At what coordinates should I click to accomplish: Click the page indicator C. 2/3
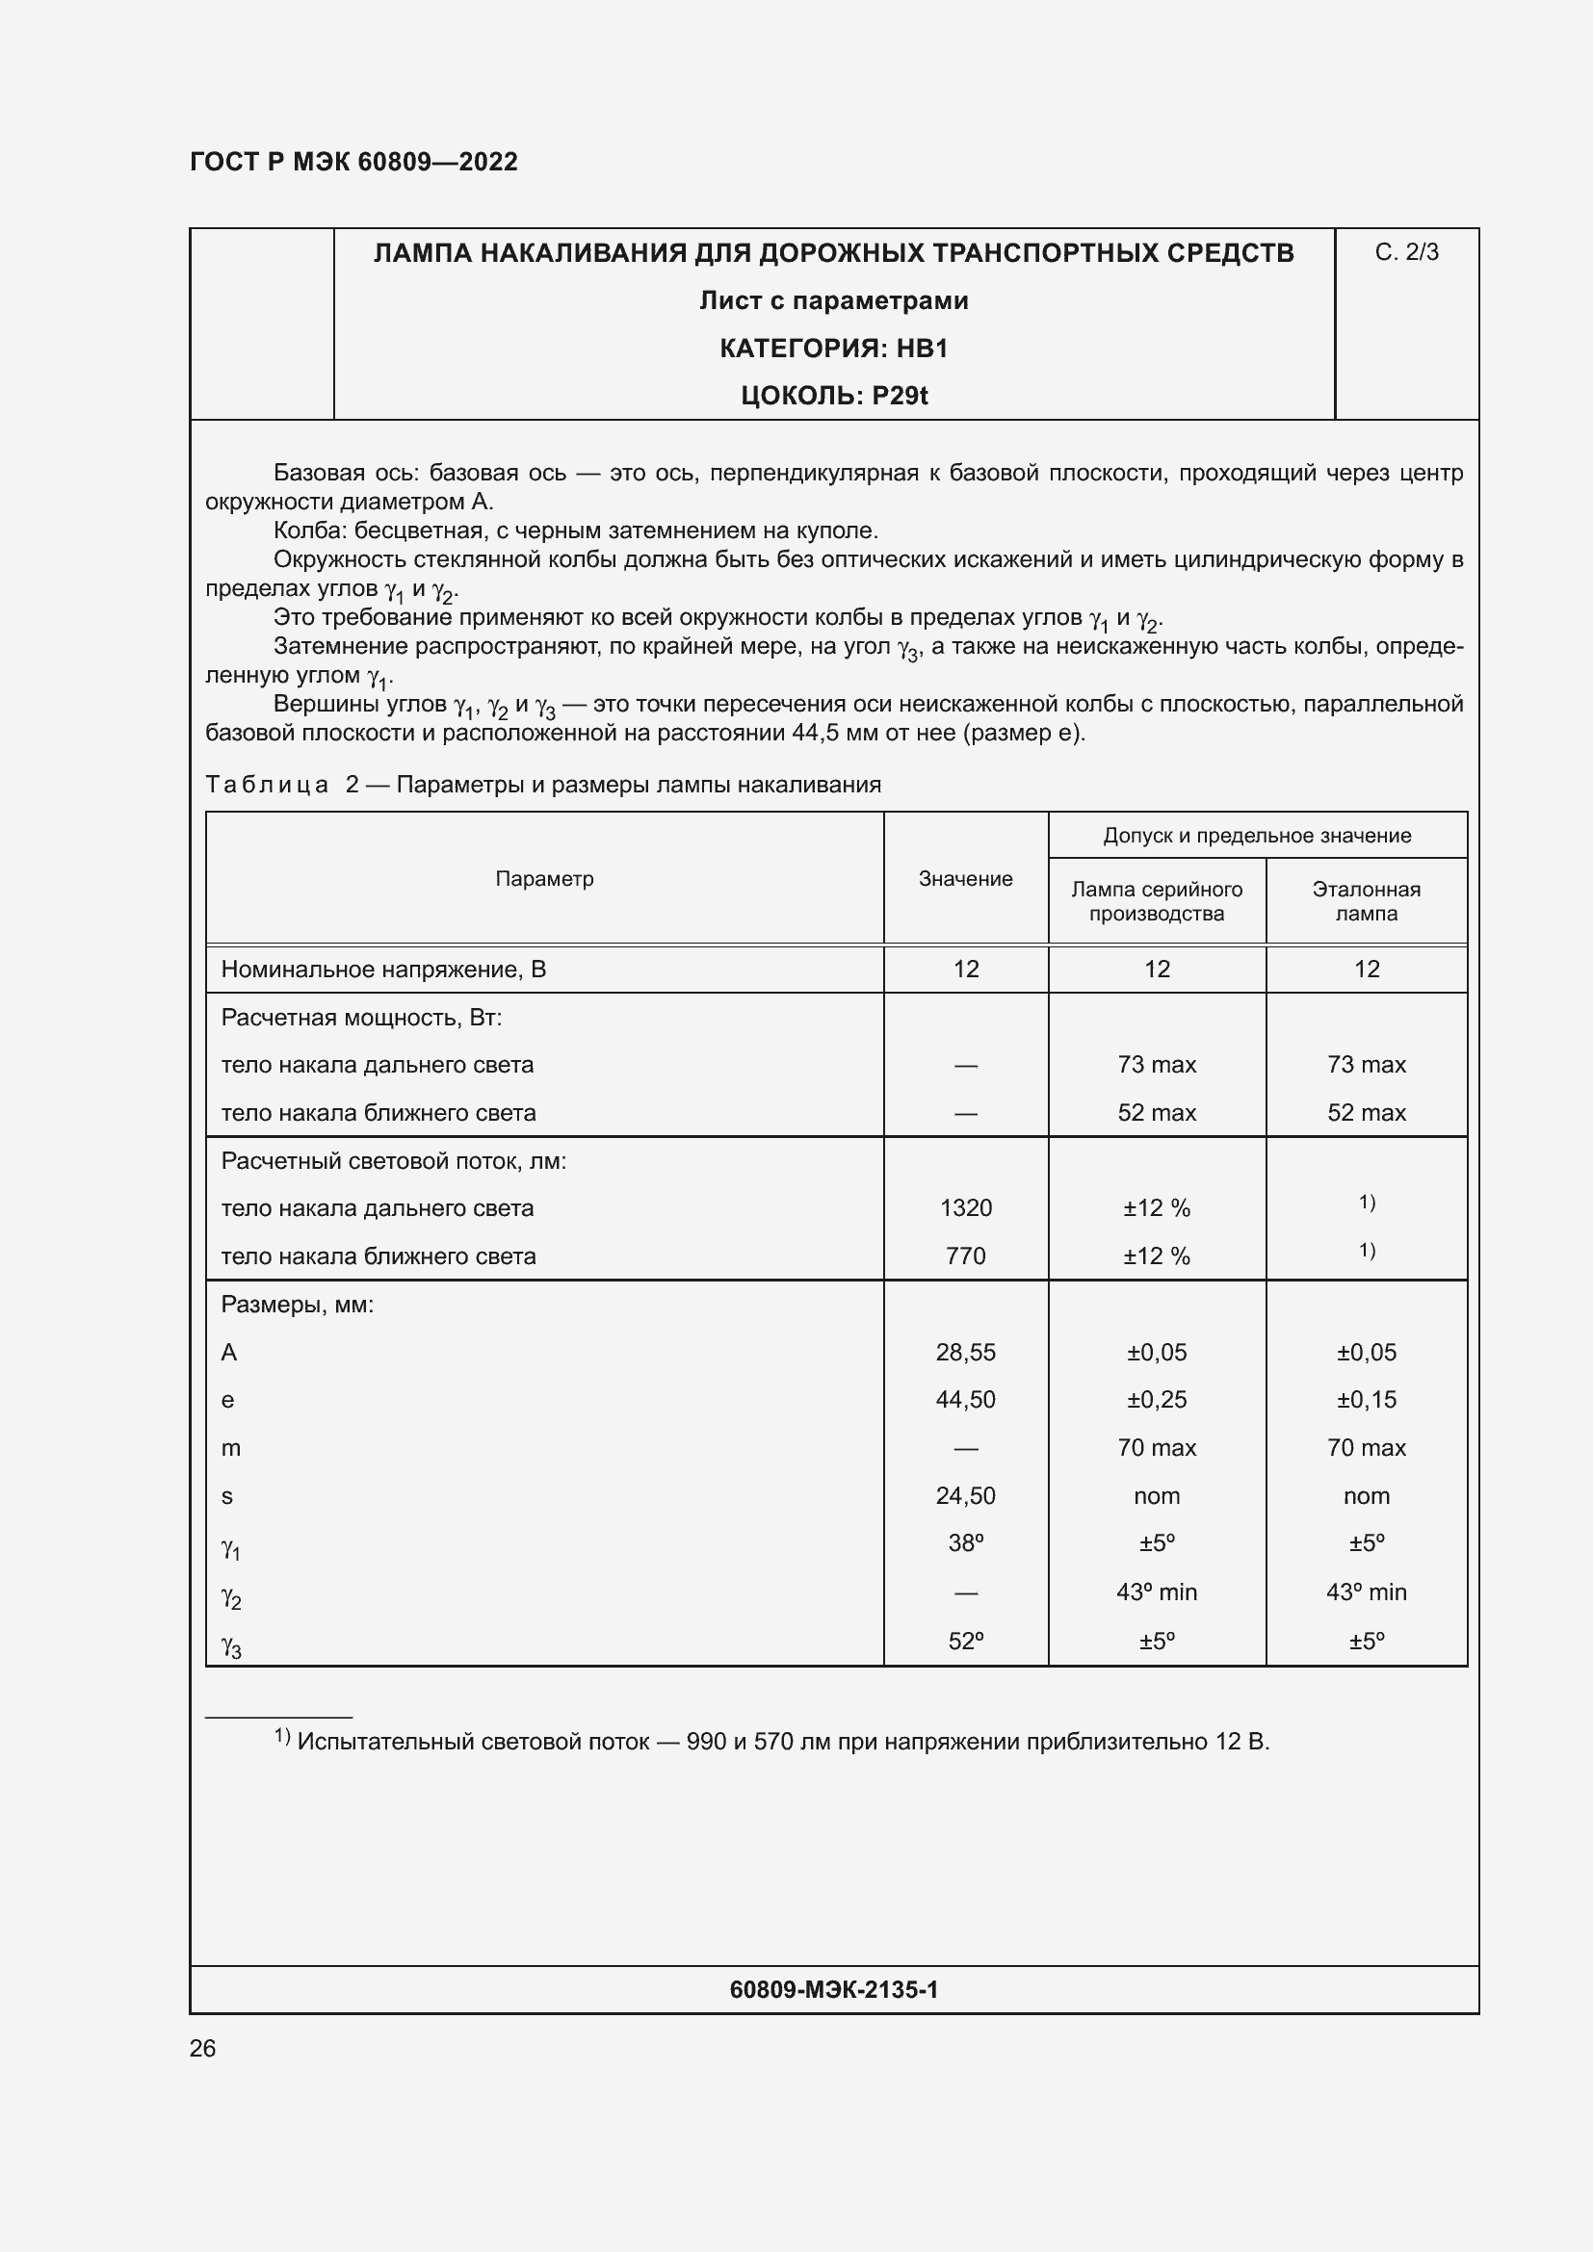pos(1405,252)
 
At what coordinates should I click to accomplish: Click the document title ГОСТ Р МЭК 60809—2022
pos(353,162)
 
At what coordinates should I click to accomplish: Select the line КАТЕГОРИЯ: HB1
pos(833,349)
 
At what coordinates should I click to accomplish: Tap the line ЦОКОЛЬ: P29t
pos(833,396)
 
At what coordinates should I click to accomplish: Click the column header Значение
pos(964,879)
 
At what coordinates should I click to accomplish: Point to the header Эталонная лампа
pos(1366,900)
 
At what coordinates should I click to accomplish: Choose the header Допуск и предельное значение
pos(1257,836)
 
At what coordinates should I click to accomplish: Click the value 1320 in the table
pos(965,1207)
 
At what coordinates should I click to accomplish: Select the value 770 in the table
pos(965,1255)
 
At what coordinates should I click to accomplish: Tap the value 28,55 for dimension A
pos(965,1352)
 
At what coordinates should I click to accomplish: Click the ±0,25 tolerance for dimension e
pos(1157,1400)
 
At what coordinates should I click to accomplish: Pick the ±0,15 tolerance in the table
pos(1366,1400)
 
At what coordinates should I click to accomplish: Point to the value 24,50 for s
pos(965,1496)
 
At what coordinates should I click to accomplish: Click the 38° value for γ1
pos(965,1542)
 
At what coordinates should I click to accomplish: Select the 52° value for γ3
pos(965,1640)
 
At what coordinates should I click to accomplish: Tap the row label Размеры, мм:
pos(298,1305)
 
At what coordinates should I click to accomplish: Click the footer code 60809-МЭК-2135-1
pos(833,1989)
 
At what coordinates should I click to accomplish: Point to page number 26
pos(202,2048)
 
